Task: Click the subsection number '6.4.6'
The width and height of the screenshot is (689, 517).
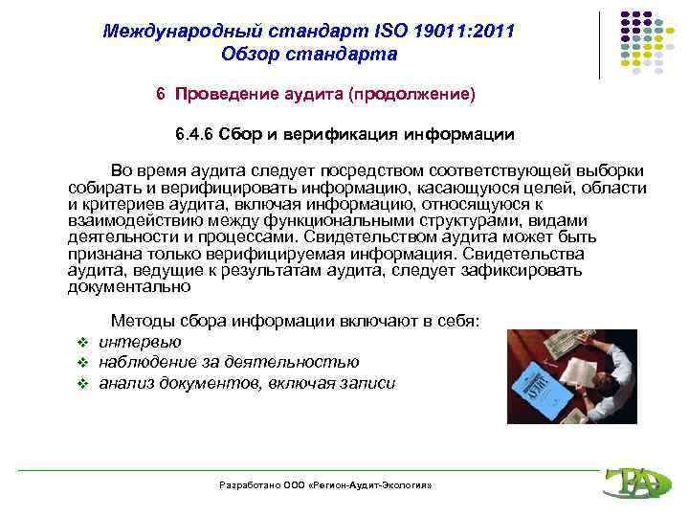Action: click(x=197, y=134)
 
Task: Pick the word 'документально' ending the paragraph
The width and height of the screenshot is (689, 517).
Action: click(x=129, y=285)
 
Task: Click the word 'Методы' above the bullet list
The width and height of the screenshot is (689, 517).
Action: click(x=142, y=321)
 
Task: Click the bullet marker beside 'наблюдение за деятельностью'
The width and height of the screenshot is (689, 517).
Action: click(x=82, y=363)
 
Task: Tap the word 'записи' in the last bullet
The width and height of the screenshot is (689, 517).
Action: click(x=368, y=383)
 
